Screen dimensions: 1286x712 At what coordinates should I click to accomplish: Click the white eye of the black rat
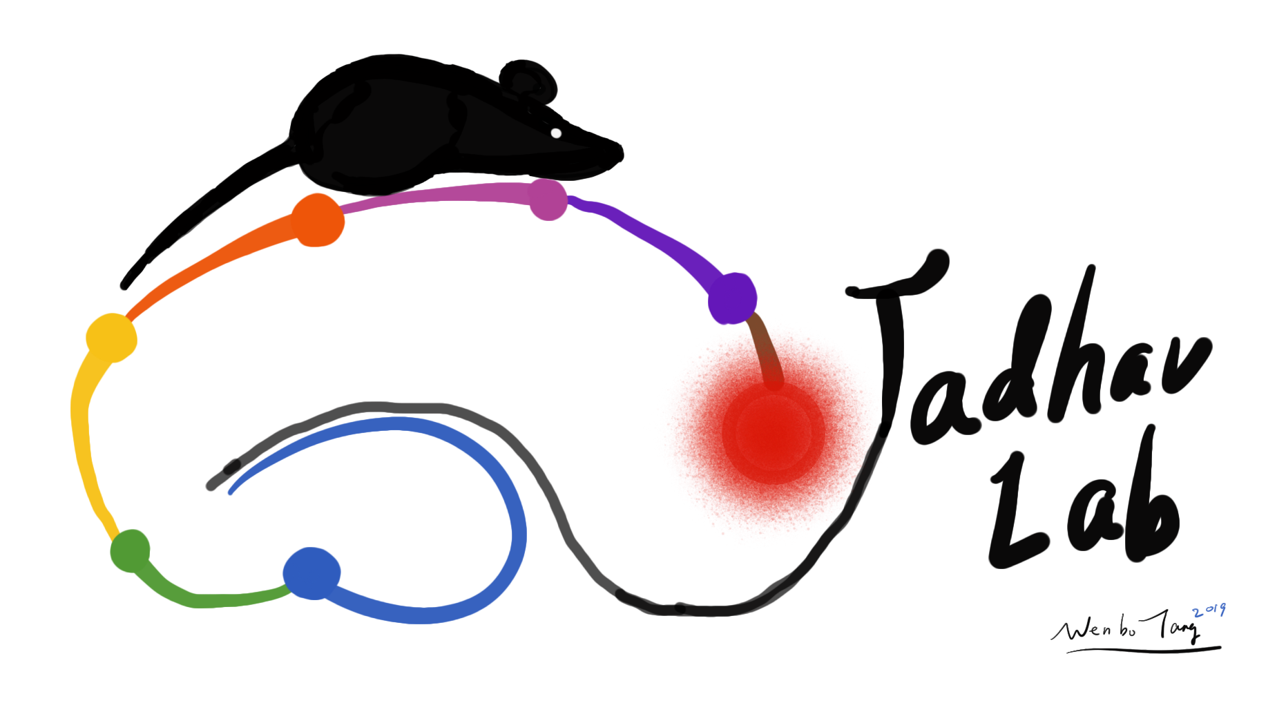556,133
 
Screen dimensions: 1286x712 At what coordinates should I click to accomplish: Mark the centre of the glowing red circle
774,432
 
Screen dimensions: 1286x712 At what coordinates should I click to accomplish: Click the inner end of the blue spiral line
231,492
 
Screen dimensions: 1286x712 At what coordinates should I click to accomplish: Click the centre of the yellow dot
111,338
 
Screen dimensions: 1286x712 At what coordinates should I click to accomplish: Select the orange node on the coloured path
318,220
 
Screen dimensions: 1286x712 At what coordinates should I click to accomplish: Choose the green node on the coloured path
131,550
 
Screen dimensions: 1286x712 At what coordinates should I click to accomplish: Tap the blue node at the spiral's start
312,573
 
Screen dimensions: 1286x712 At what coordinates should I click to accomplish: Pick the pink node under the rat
548,200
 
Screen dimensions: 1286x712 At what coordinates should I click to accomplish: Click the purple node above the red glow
733,298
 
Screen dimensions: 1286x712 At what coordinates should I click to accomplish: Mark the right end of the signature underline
1220,647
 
